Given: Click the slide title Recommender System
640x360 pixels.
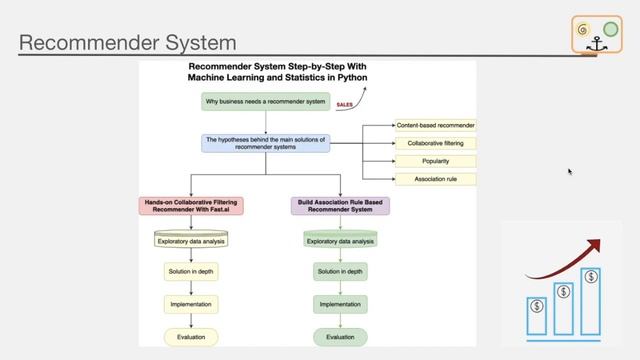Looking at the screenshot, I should click(128, 43).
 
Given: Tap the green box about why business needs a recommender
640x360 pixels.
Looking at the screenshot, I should click(265, 101).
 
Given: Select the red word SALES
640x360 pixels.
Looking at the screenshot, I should click(345, 103).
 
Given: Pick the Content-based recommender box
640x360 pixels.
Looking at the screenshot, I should click(435, 125).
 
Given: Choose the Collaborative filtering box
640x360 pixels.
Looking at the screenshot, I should click(435, 143).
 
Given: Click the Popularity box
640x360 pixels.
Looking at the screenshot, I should click(435, 161).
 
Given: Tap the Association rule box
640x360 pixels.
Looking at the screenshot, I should click(435, 179).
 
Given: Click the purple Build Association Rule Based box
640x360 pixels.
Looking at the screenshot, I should click(340, 207).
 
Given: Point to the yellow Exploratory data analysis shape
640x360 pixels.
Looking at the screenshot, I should click(190, 240).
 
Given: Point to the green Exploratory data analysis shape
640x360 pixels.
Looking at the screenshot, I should click(340, 240).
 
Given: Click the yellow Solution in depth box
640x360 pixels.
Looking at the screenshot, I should click(190, 271).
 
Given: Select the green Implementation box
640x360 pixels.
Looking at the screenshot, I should click(340, 303).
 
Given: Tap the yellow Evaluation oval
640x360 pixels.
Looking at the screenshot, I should click(190, 337).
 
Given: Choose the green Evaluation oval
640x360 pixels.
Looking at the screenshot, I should click(340, 337).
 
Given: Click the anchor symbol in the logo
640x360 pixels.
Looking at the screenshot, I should click(596, 45).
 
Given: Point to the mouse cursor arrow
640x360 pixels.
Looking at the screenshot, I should click(569, 171).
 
